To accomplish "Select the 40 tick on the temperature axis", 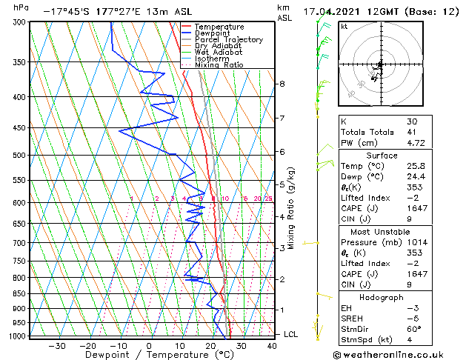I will tap(272, 345).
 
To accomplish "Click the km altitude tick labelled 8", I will tap(282, 84).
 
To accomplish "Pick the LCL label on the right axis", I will tap(291, 334).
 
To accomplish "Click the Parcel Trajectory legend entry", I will tap(228, 40).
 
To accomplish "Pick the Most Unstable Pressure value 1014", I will tap(416, 241).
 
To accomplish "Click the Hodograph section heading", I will tap(382, 297).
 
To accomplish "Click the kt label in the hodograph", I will tap(344, 27).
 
